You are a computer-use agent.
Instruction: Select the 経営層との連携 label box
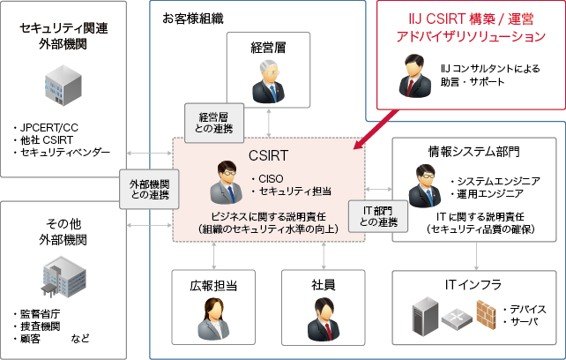click(x=209, y=122)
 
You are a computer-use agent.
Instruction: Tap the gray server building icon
click(x=65, y=88)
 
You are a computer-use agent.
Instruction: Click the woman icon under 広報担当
click(x=214, y=315)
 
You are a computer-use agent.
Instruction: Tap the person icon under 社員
click(x=322, y=315)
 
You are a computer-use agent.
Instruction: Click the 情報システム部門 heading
click(x=470, y=151)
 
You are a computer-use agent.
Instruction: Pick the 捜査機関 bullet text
click(x=41, y=326)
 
